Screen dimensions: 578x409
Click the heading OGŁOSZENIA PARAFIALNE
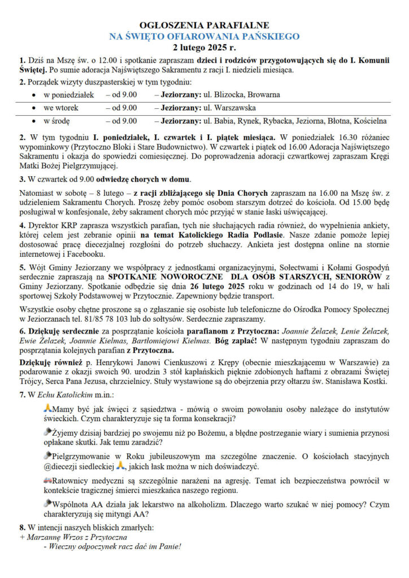204,25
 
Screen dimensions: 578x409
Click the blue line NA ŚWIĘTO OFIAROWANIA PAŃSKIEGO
204,36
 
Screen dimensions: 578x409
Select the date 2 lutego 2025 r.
204,47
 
